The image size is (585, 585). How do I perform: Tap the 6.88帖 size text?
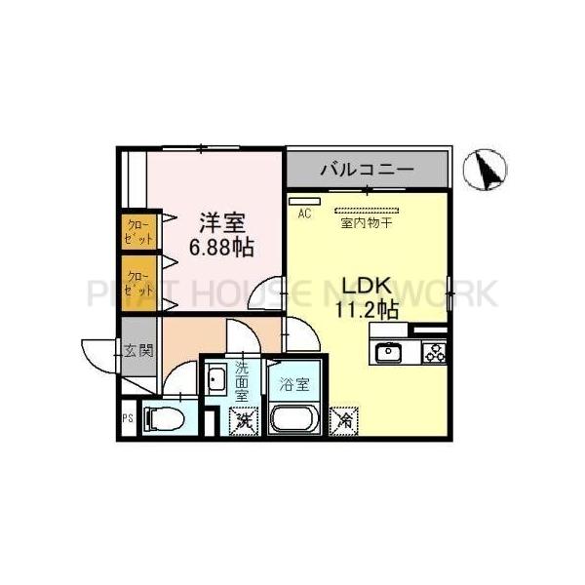click(222, 247)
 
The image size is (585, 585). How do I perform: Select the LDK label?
click(366, 286)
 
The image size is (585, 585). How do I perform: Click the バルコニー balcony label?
click(367, 170)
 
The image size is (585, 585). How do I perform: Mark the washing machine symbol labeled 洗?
click(240, 422)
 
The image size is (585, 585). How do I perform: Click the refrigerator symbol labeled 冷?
click(344, 419)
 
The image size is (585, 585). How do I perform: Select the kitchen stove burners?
click(433, 353)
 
